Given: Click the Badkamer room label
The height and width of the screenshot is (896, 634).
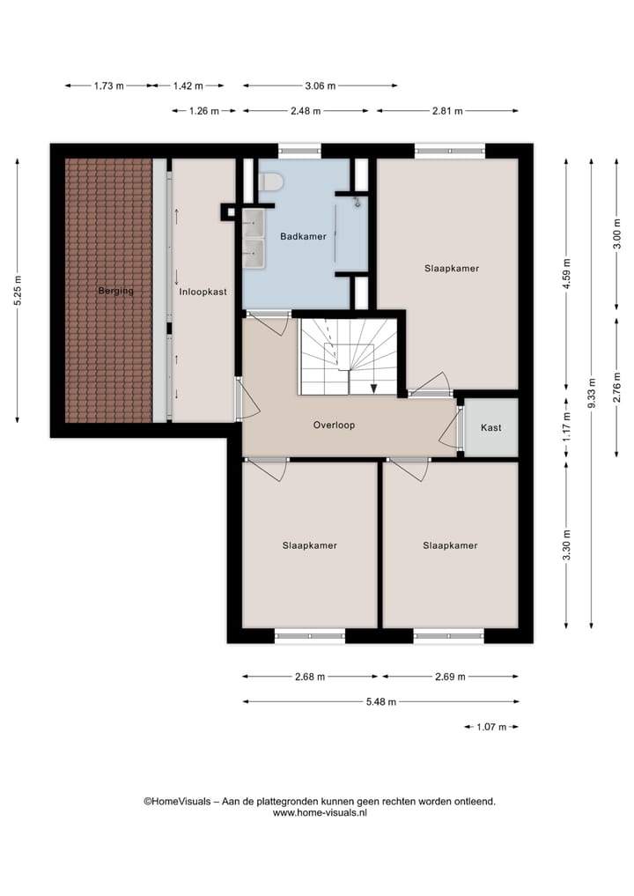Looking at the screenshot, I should pyautogui.click(x=303, y=236).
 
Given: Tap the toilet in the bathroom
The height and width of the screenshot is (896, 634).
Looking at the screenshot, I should pyautogui.click(x=271, y=182).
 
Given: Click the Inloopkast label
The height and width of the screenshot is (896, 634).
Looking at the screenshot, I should pyautogui.click(x=202, y=291).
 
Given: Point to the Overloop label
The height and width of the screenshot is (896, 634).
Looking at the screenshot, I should pyautogui.click(x=333, y=425).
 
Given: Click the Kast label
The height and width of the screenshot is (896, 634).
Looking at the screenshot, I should pyautogui.click(x=491, y=428).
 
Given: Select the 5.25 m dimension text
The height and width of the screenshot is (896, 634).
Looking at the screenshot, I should pyautogui.click(x=18, y=291).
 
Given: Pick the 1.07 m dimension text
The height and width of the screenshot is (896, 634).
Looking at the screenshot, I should pyautogui.click(x=491, y=727).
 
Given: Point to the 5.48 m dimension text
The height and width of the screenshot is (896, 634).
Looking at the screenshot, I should pyautogui.click(x=380, y=702).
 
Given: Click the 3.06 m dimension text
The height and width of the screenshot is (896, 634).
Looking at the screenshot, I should pyautogui.click(x=321, y=85).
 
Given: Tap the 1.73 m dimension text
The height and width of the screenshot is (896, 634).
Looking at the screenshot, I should pyautogui.click(x=108, y=85).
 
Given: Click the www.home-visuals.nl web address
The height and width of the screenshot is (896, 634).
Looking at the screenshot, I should pyautogui.click(x=320, y=813).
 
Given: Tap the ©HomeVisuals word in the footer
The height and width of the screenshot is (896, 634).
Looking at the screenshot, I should pyautogui.click(x=177, y=802).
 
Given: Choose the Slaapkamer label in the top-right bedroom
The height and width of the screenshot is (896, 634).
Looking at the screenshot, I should pyautogui.click(x=451, y=269).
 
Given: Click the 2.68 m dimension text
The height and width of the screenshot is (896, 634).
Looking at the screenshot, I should pyautogui.click(x=309, y=677).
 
